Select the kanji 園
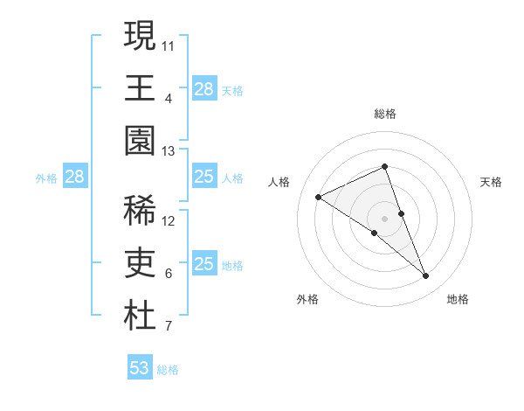(140, 142)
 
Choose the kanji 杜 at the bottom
(140, 317)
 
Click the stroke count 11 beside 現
(169, 44)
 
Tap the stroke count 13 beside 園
(169, 151)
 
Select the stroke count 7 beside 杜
(169, 327)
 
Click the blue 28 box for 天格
(203, 88)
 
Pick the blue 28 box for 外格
(74, 177)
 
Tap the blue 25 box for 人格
(203, 177)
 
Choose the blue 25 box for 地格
(203, 264)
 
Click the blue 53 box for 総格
(140, 368)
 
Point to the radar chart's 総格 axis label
(385, 114)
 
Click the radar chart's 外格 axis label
(307, 299)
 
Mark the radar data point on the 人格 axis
(319, 197)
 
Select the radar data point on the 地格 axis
(426, 276)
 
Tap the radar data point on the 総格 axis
(385, 167)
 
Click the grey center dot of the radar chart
(385, 218)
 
